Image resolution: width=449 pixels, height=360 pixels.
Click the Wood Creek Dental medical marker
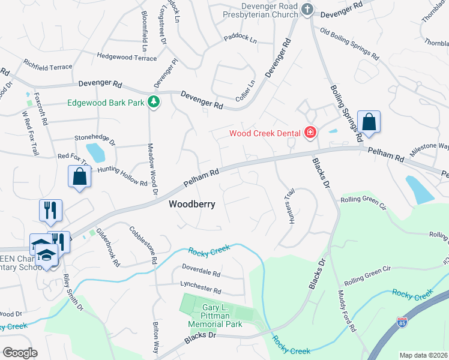pyautogui.click(x=310, y=132)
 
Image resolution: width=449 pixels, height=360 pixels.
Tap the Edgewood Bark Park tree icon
pyautogui.click(x=154, y=102)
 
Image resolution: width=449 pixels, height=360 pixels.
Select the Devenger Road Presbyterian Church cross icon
pyautogui.click(x=307, y=9)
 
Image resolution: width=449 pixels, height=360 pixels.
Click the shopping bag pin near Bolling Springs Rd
pyautogui.click(x=369, y=122)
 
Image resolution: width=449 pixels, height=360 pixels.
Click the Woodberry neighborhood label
pyautogui.click(x=191, y=204)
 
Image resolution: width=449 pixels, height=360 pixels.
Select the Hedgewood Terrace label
pyautogui.click(x=127, y=58)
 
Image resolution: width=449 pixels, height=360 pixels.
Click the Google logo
pyautogui.click(x=20, y=353)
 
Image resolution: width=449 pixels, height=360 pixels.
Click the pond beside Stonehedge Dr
pyautogui.click(x=96, y=152)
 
